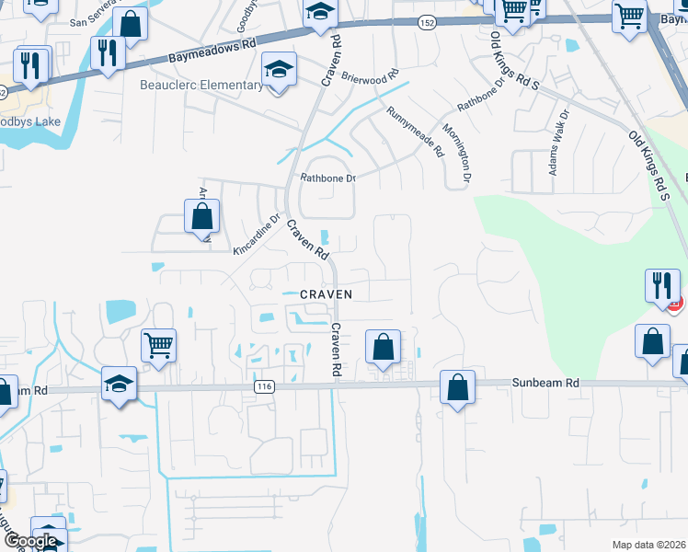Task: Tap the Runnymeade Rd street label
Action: pyautogui.click(x=415, y=131)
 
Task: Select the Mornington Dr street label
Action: pyautogui.click(x=459, y=151)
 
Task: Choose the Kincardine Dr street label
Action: pyautogui.click(x=256, y=236)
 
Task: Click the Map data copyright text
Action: pyautogui.click(x=649, y=545)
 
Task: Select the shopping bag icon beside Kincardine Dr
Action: pyautogui.click(x=201, y=217)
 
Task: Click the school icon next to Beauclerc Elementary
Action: pyautogui.click(x=279, y=69)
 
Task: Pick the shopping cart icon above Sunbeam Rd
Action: pyautogui.click(x=158, y=346)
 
